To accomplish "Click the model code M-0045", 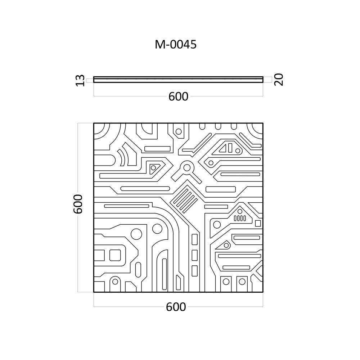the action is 176,44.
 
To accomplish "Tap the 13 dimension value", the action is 80,80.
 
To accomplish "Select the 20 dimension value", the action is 279,80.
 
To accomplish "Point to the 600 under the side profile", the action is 179,96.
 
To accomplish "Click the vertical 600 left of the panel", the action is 78,204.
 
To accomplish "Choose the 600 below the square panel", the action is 176,307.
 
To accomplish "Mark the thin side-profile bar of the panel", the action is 178,80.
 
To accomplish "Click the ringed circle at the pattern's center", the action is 187,168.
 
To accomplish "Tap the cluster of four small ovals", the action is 240,218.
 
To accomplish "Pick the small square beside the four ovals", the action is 258,223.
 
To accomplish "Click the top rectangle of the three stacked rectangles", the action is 194,239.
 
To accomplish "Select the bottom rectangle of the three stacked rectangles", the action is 194,271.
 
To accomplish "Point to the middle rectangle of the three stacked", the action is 194,255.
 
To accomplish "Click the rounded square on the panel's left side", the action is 115,255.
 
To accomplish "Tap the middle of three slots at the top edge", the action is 218,126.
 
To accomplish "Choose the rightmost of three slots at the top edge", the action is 234,126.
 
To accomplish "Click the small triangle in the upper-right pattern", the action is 224,149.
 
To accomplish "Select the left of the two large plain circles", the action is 136,234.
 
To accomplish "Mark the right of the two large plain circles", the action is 157,228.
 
